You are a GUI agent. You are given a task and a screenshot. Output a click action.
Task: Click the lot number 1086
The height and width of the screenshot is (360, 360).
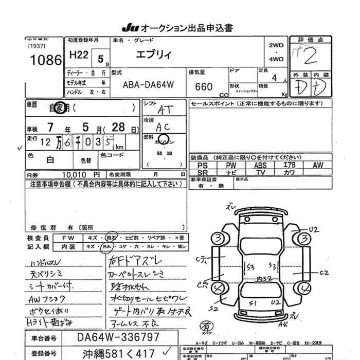(46, 60)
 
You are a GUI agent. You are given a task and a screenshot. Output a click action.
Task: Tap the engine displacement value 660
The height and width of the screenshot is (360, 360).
(204, 86)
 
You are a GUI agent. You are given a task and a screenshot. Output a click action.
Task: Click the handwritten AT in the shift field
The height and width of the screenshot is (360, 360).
(164, 110)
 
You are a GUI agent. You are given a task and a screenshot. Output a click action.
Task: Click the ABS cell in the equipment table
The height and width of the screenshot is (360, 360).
(260, 166)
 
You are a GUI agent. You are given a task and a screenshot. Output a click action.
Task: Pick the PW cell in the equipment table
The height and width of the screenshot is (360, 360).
(231, 166)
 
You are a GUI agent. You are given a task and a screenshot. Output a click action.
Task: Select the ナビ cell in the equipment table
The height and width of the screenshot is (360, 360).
(231, 173)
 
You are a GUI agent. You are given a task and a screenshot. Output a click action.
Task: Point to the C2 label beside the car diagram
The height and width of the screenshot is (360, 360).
(323, 272)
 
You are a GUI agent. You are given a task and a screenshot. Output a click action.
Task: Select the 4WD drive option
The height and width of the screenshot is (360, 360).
(276, 59)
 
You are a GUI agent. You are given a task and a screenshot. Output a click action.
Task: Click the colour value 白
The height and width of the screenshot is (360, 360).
(50, 159)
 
